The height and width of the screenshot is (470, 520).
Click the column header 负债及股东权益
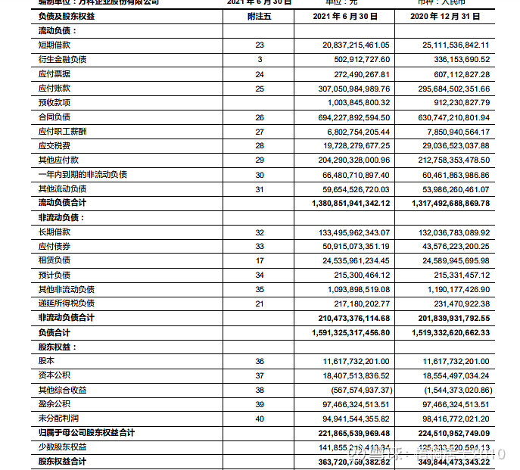coord(67,17)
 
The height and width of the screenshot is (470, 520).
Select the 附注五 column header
coord(259,17)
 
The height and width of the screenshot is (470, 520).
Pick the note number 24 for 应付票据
coord(259,74)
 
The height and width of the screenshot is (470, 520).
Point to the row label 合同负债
coord(54,117)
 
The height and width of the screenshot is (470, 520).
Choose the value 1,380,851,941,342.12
coord(350,203)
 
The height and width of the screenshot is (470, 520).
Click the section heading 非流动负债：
coord(62,217)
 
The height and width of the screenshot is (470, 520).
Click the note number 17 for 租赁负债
coord(259,260)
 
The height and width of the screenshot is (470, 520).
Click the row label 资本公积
coord(54,375)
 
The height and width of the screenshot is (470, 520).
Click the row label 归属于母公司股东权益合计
coord(86,433)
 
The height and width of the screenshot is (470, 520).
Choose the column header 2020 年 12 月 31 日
coord(450,17)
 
